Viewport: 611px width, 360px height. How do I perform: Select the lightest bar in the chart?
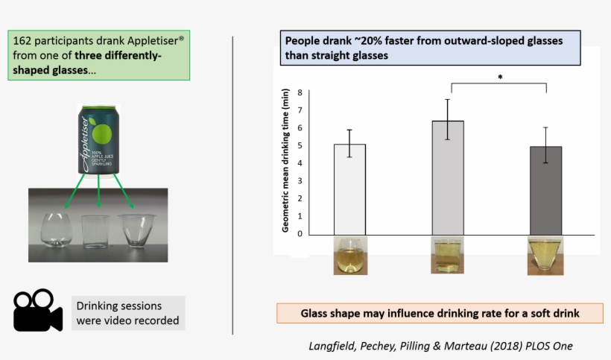(x=349, y=189)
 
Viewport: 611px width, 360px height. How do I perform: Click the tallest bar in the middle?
(x=448, y=177)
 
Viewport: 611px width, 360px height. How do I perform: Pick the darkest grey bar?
(x=545, y=190)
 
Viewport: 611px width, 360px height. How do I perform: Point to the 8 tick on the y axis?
(x=300, y=92)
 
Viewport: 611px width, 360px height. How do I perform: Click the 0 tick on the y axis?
(x=300, y=233)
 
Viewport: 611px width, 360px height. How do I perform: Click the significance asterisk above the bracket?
(x=500, y=77)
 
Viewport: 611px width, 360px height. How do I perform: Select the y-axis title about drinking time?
(x=285, y=160)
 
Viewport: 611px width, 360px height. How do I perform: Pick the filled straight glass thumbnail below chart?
(x=448, y=256)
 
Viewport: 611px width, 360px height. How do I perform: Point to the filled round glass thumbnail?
(x=349, y=256)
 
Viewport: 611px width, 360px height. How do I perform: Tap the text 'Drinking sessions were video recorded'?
(x=127, y=313)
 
